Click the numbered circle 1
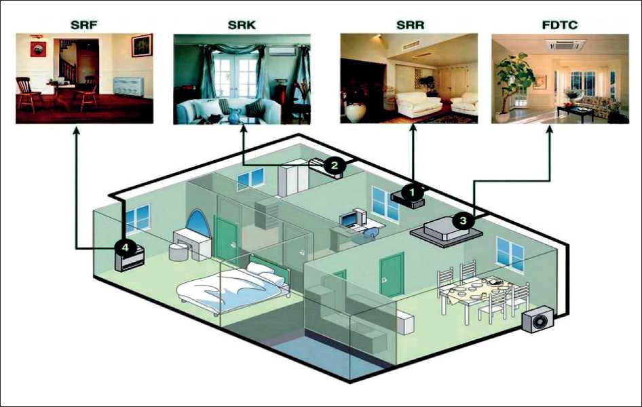coord(410,192)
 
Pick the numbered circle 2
coord(333,163)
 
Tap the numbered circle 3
coord(462,220)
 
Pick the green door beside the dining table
coord(392,275)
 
